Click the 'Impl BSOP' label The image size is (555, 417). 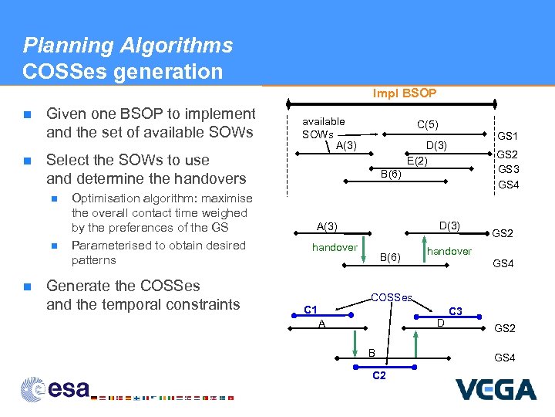[x=405, y=93]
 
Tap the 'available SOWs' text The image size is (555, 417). [x=323, y=128]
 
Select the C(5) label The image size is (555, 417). [x=428, y=124]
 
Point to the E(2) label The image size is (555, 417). [x=416, y=161]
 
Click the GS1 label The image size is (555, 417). [x=508, y=135]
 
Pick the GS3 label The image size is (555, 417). [x=508, y=169]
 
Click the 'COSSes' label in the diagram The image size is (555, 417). [x=392, y=297]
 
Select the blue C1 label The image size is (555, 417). [x=311, y=310]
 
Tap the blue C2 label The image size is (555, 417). [x=379, y=376]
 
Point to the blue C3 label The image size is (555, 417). [x=456, y=310]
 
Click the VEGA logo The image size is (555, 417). [x=495, y=389]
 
